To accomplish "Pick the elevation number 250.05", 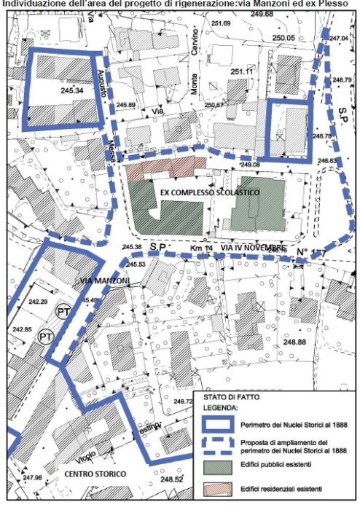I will coord(283,38).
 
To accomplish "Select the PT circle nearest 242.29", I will coord(65,311).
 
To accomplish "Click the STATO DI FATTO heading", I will coord(225,397).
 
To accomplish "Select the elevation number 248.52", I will coord(172,500).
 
